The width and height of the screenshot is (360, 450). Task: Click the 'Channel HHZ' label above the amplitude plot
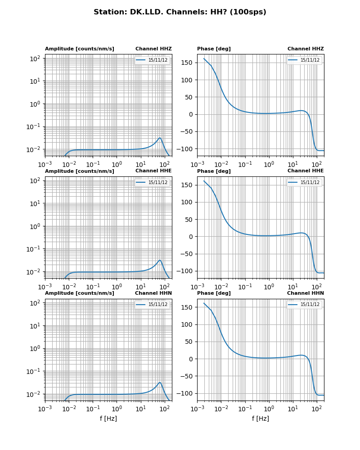click(x=153, y=49)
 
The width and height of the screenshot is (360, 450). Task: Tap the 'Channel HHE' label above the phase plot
click(x=306, y=171)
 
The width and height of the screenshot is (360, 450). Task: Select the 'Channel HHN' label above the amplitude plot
click(x=153, y=293)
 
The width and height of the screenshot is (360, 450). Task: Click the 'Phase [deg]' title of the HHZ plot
click(x=214, y=49)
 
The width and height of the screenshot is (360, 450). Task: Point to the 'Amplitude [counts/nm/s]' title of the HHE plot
click(x=80, y=171)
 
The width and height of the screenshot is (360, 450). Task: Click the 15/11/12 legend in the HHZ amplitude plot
click(x=152, y=60)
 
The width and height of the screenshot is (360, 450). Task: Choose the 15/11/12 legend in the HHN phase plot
click(x=304, y=305)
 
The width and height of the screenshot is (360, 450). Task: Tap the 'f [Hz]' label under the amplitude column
click(x=108, y=418)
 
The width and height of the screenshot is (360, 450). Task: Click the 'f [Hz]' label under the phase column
click(x=261, y=418)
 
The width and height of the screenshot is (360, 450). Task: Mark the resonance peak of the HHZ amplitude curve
click(x=160, y=138)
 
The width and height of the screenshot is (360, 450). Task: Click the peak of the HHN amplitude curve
click(x=160, y=382)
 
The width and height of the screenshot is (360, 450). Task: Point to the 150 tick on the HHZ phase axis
click(x=189, y=63)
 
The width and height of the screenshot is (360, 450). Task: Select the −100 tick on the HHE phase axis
click(x=187, y=271)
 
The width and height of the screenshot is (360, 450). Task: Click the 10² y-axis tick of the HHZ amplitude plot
click(x=36, y=58)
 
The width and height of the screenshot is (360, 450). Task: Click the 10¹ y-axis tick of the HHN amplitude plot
click(x=36, y=326)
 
